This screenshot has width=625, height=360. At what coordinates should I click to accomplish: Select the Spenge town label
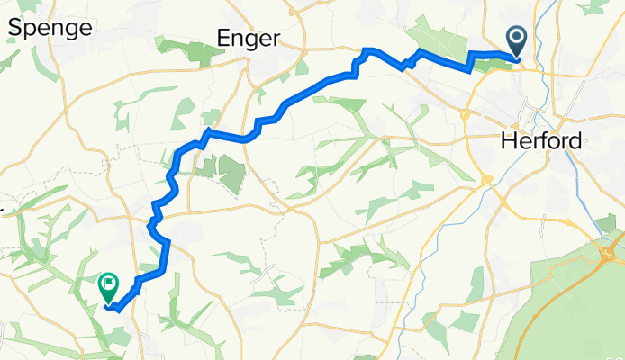pyautogui.click(x=50, y=28)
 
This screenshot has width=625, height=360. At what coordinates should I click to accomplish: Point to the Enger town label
pyautogui.click(x=249, y=38)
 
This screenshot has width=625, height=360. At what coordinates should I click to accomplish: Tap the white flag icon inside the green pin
pyautogui.click(x=107, y=284)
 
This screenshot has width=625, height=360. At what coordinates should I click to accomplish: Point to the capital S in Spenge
pyautogui.click(x=15, y=28)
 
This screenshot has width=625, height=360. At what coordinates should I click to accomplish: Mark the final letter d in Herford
pyautogui.click(x=576, y=141)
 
